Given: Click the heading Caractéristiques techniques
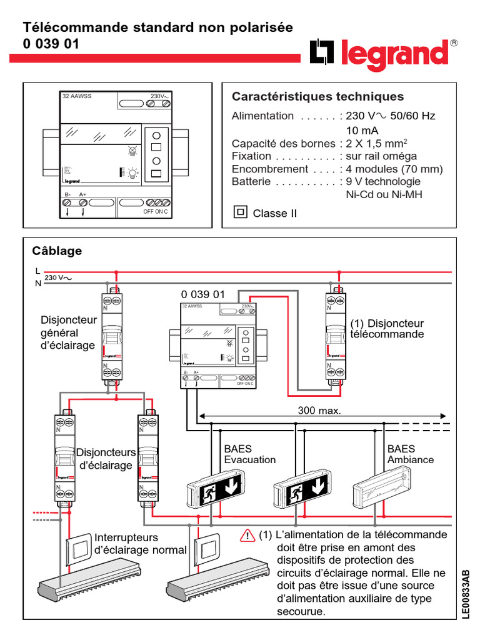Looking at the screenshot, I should (317, 97).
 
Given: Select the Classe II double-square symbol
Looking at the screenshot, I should (240, 212).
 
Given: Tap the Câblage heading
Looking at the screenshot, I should (57, 251).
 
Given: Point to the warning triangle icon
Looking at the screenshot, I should (247, 536).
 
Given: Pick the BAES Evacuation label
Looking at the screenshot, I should (249, 454).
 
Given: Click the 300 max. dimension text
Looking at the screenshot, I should (320, 411).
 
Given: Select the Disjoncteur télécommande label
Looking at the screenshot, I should (387, 329).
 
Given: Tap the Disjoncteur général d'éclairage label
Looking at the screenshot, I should (68, 333).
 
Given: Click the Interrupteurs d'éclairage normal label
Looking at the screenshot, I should (140, 544).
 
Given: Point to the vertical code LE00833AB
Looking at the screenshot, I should (466, 594).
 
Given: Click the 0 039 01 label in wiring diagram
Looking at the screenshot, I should (202, 294).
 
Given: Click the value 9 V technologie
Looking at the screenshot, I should (383, 182).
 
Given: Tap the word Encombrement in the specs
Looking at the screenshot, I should (269, 169).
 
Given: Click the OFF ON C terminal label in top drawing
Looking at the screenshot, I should (156, 212).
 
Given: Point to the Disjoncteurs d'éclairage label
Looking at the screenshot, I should (104, 459).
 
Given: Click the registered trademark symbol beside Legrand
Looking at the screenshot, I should (454, 43).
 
